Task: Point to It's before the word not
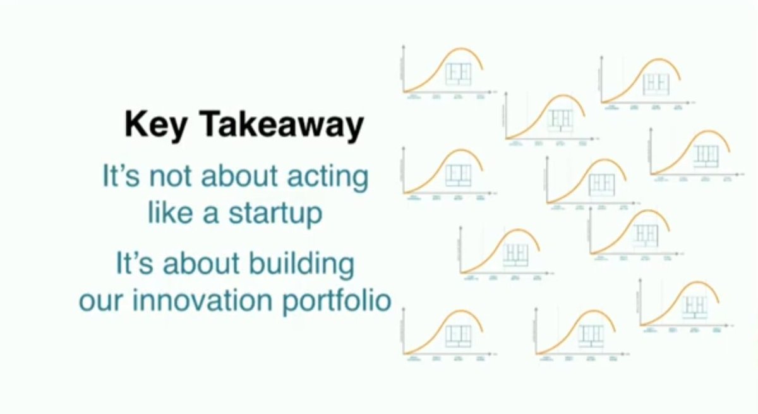(x=121, y=177)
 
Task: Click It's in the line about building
(x=135, y=264)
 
